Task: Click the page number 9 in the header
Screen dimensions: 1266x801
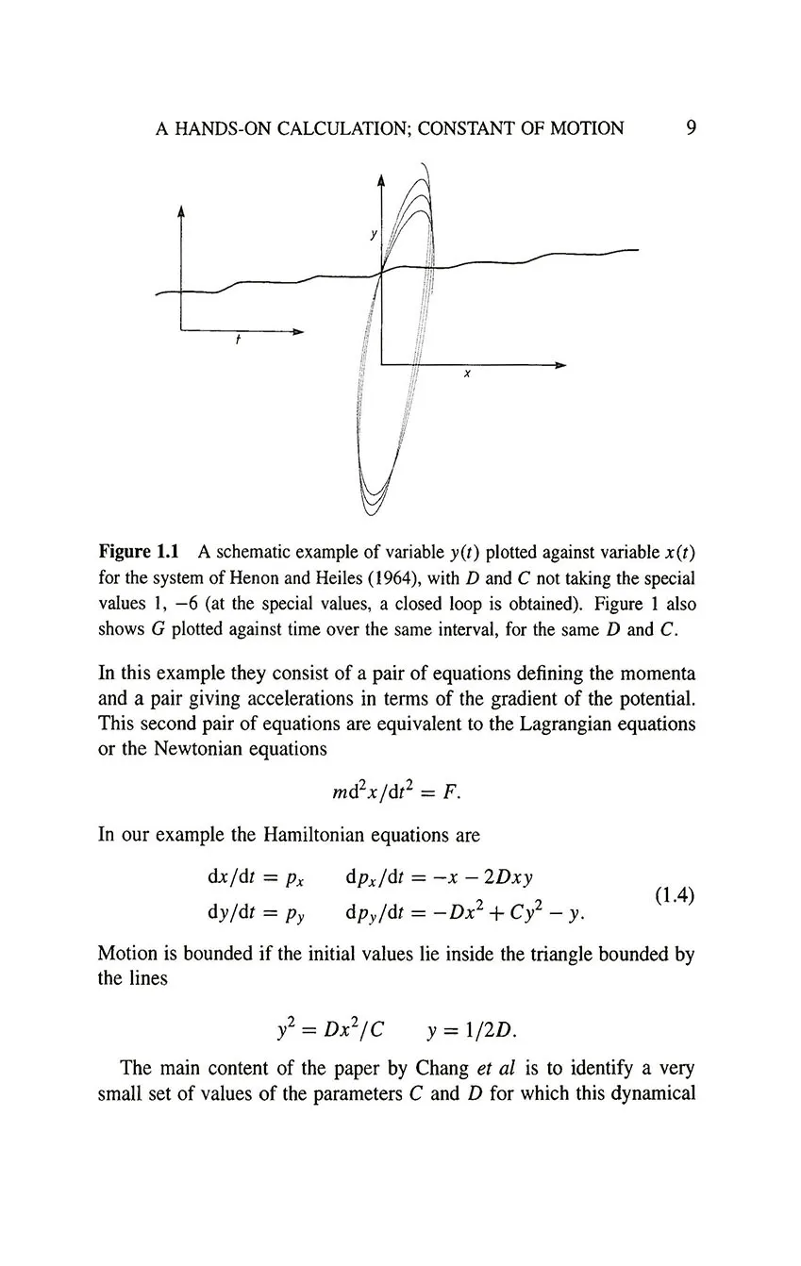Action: (691, 127)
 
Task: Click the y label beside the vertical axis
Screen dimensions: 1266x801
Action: (372, 231)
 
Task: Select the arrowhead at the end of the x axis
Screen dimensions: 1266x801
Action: (560, 364)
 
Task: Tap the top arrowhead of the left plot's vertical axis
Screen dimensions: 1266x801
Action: (179, 213)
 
